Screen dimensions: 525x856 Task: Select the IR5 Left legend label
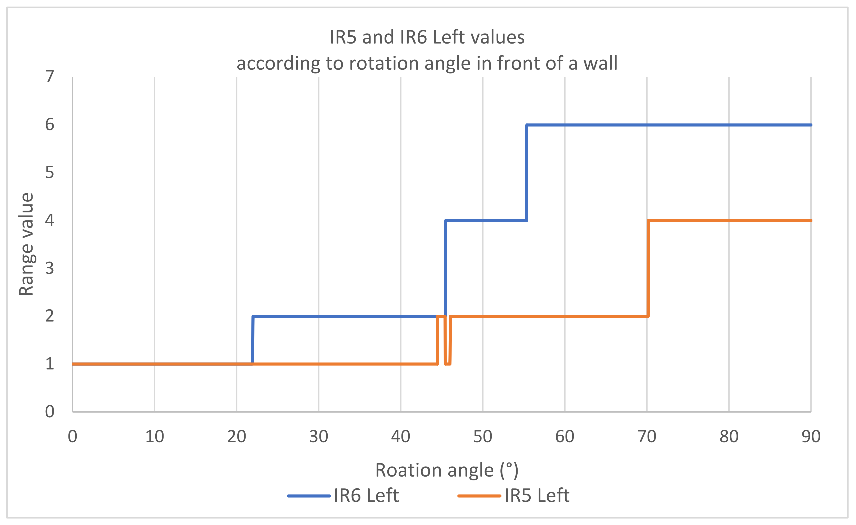tap(537, 496)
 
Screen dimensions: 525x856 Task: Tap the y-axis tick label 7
tap(50, 77)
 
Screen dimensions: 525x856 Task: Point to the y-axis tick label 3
tap(50, 268)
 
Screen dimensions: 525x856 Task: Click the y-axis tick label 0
tap(50, 411)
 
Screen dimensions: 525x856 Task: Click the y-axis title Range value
tap(26, 244)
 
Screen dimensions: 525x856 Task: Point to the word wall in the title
tap(600, 64)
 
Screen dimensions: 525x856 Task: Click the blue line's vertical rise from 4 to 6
tap(527, 173)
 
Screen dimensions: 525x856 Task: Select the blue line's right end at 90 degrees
tap(810, 125)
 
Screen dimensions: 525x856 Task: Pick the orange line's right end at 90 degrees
tap(810, 221)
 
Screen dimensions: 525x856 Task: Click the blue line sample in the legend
tap(308, 496)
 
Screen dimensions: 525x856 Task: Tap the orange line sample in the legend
tap(479, 496)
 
